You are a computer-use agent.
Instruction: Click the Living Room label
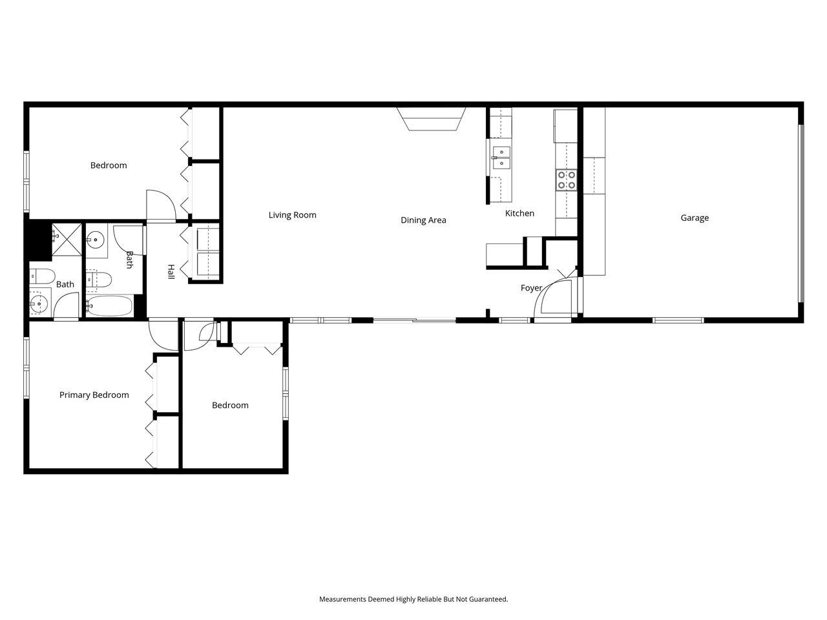tap(292, 215)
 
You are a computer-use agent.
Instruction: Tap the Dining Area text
tap(423, 220)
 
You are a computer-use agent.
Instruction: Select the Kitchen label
tap(519, 213)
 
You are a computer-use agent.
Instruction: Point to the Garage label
tap(695, 218)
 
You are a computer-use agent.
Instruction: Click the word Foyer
tap(531, 288)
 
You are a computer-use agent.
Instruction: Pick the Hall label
tap(171, 271)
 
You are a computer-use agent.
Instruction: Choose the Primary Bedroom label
tap(94, 395)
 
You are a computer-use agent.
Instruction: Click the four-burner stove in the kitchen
tap(567, 180)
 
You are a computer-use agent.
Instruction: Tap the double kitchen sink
tap(501, 157)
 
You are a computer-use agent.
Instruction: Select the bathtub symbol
tap(109, 305)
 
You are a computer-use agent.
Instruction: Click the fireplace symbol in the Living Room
tap(432, 119)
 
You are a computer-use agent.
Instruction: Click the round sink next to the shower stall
tap(96, 240)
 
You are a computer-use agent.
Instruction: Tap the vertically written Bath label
tap(130, 260)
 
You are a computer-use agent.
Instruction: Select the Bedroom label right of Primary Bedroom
tap(230, 405)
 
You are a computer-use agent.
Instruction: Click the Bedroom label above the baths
tap(109, 165)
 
